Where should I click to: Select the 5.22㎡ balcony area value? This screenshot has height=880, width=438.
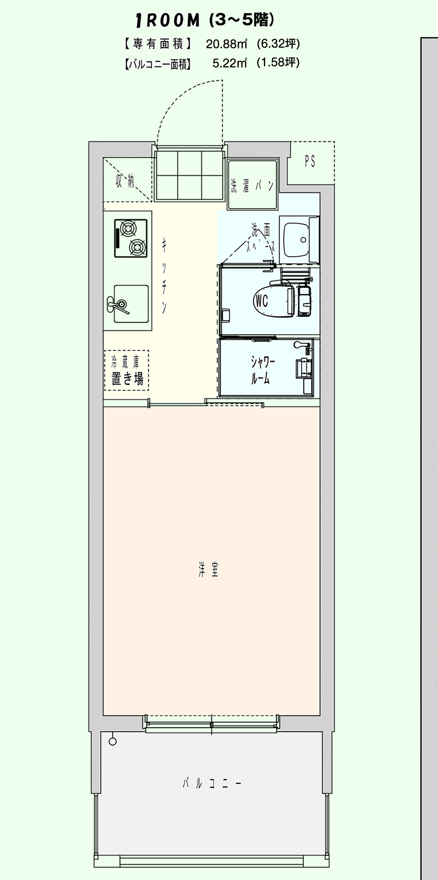[x=229, y=63]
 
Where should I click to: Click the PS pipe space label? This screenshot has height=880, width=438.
[x=310, y=161]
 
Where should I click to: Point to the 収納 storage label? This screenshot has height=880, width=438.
[x=125, y=181]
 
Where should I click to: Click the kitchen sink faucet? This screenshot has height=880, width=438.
[x=118, y=305]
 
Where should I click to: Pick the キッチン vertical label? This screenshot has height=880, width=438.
[x=164, y=275]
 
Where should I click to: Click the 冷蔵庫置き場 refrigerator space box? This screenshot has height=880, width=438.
[x=127, y=370]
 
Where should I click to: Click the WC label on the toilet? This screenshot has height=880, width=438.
[x=261, y=301]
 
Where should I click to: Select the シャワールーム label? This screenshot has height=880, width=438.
[x=263, y=370]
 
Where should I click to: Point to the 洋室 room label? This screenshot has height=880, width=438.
[x=208, y=570]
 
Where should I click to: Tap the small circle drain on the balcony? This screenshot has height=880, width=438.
[x=113, y=742]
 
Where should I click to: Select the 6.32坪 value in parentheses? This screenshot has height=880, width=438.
[x=278, y=44]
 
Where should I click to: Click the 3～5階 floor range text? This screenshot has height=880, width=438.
[x=241, y=20]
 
